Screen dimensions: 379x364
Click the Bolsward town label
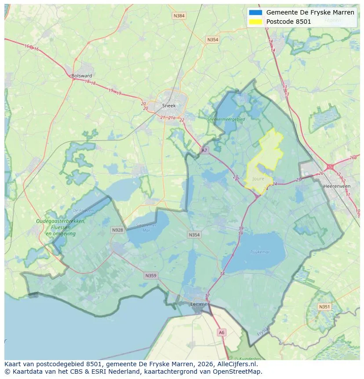click(x=82, y=76)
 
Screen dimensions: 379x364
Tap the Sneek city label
click(x=169, y=106)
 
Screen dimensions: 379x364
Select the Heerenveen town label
click(x=336, y=186)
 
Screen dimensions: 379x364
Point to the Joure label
click(x=258, y=179)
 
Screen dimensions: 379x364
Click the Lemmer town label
click(x=199, y=304)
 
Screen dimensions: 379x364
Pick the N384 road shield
click(x=179, y=16)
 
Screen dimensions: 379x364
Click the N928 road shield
click(x=117, y=230)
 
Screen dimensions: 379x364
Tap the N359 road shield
click(x=150, y=276)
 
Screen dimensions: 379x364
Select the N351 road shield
click(x=324, y=307)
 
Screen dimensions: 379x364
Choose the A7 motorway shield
click(x=204, y=151)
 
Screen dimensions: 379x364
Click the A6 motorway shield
click(x=222, y=333)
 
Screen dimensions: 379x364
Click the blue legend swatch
click(x=255, y=12)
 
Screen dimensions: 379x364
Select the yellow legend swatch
click(x=255, y=21)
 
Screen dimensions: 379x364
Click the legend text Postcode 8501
click(x=288, y=22)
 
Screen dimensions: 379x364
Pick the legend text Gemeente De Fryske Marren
click(x=310, y=12)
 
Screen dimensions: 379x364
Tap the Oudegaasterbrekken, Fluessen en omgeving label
click(x=61, y=227)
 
